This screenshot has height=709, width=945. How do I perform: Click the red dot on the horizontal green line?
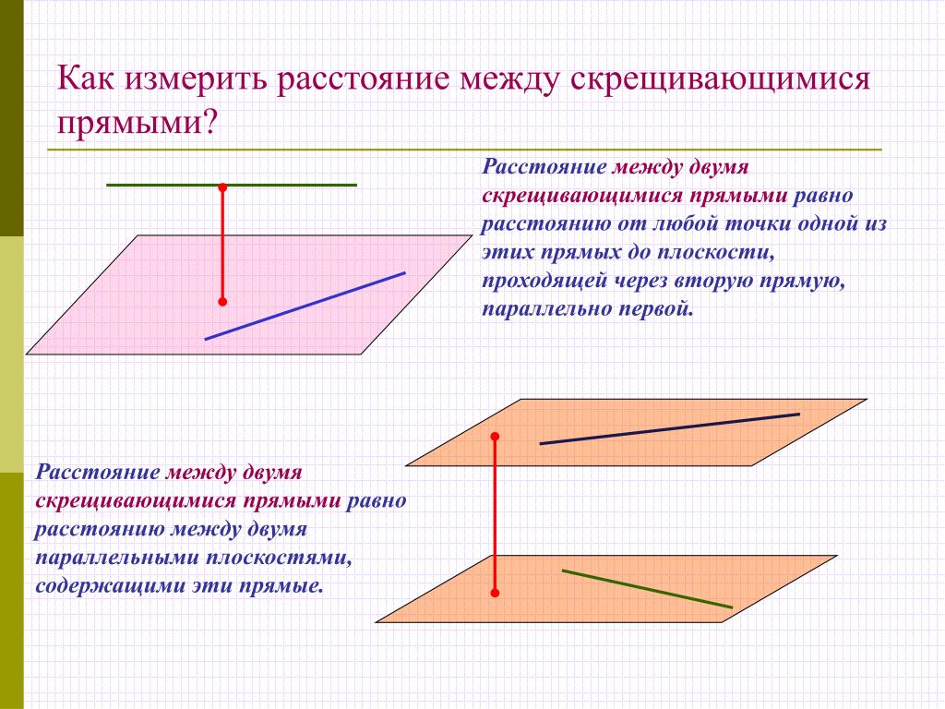222,186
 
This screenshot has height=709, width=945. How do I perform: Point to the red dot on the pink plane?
222,301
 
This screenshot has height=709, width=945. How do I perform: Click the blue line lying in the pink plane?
305,306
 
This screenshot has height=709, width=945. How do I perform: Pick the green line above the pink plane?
232,185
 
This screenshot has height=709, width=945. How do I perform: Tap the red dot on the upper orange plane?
495,436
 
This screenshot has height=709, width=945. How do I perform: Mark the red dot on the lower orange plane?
495,594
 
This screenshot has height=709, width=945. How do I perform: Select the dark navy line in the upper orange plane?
670,428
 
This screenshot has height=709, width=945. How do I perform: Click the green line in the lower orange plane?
647,588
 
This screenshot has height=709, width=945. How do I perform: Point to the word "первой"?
656,309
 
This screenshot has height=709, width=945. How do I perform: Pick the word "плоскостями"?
279,558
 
